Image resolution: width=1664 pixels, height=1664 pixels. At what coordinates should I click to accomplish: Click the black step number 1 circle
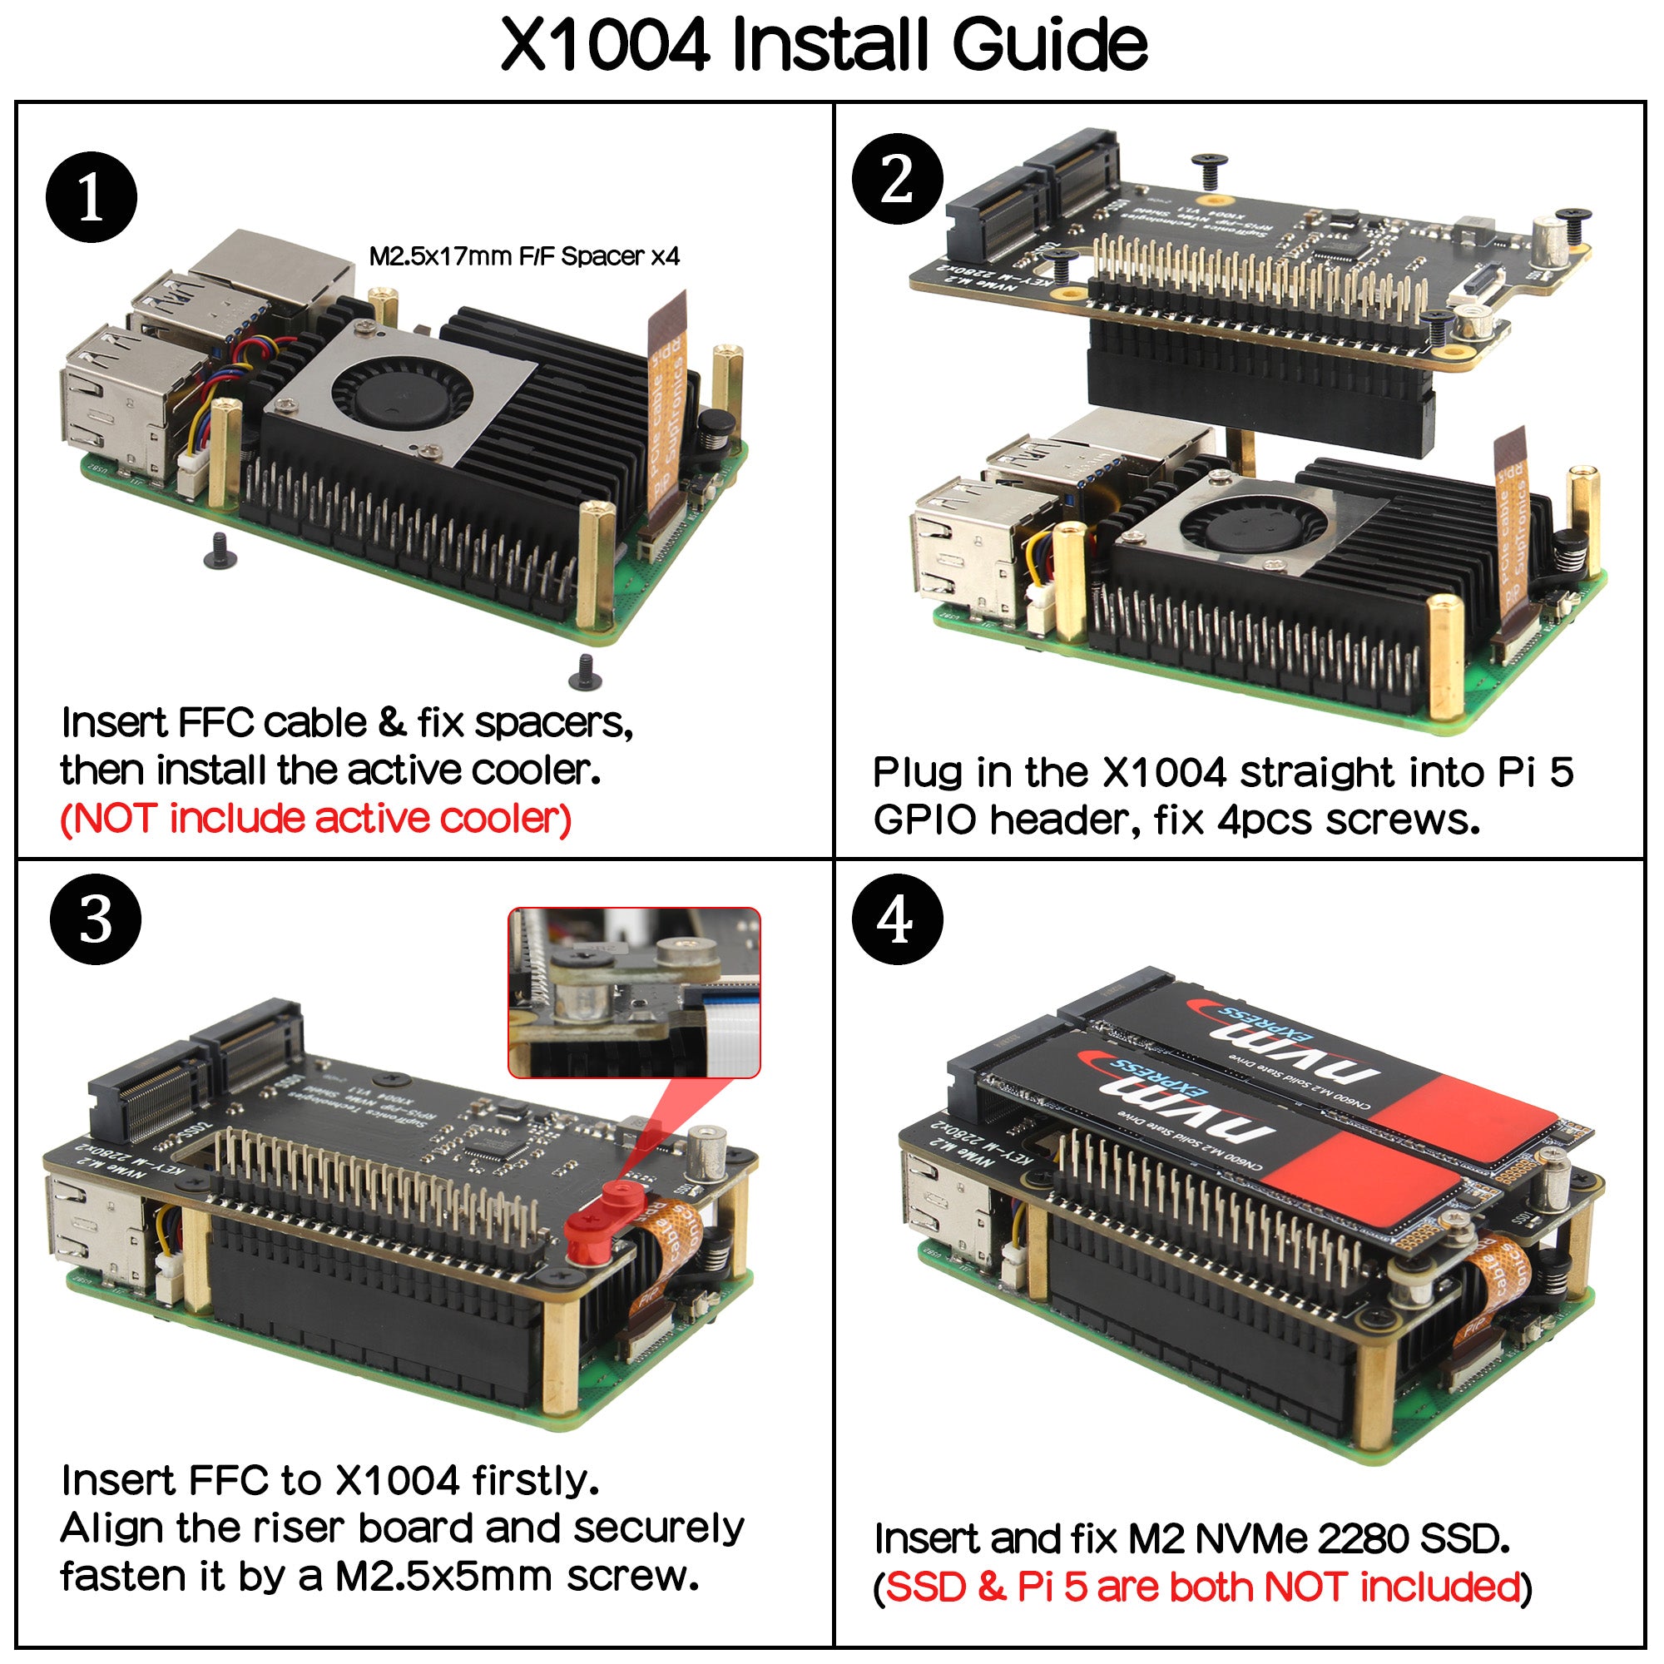click(x=92, y=197)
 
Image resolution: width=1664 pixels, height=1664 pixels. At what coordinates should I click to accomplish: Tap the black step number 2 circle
click(x=898, y=179)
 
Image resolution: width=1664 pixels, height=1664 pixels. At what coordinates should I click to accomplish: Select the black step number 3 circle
click(x=96, y=919)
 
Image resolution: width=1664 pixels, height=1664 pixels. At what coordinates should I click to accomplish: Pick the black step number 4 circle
click(x=897, y=919)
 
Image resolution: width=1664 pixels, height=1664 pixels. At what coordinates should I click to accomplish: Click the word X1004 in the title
click(x=605, y=45)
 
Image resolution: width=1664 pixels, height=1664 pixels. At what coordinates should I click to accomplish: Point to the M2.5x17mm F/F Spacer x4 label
click(x=523, y=255)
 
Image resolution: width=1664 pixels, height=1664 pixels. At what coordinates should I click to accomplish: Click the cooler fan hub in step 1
click(x=402, y=395)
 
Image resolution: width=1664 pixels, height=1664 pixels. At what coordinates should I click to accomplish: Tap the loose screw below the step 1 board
click(x=586, y=672)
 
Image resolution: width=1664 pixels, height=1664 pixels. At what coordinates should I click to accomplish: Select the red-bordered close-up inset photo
click(x=634, y=993)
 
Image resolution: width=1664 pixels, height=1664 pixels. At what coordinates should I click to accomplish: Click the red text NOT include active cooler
click(x=316, y=818)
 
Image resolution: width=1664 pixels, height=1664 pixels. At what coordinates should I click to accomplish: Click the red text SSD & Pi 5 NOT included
click(x=1202, y=1586)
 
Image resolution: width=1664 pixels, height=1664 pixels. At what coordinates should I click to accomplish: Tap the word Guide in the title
click(x=1048, y=45)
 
